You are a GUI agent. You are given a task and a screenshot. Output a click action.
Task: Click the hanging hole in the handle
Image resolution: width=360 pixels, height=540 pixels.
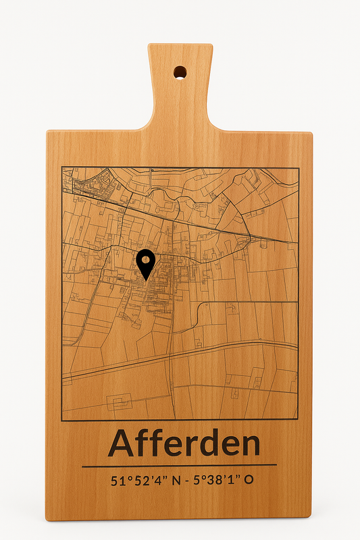point(180,71)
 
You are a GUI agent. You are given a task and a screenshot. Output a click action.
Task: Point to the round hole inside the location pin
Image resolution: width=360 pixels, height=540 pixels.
point(146,259)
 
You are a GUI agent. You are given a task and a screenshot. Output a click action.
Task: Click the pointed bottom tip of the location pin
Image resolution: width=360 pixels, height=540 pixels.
point(146,280)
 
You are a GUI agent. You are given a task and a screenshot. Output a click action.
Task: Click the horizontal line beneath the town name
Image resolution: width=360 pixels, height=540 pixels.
point(180,464)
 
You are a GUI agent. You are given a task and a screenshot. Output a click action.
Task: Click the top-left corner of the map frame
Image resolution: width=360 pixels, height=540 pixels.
point(62,167)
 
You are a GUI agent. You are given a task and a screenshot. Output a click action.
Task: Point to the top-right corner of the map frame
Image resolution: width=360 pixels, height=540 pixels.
point(298,167)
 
